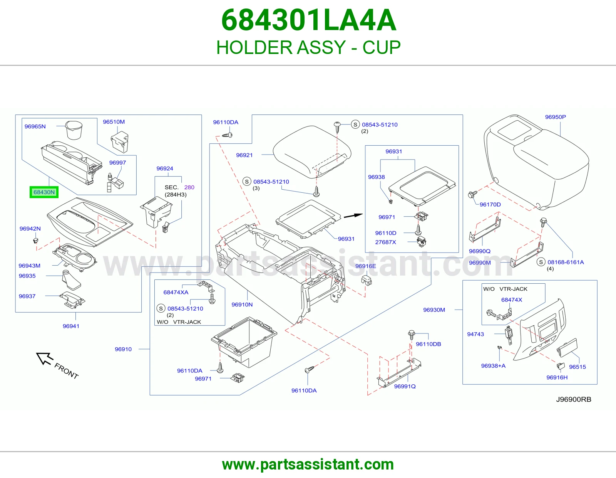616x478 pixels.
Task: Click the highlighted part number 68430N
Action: tap(44, 192)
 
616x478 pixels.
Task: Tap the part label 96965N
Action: tap(35, 126)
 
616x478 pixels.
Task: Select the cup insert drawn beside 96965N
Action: tap(74, 130)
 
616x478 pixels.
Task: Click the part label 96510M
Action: tap(114, 122)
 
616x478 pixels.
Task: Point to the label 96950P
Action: tap(555, 117)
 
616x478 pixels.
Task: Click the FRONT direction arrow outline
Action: tap(44, 358)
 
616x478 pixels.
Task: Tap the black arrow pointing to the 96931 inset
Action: tap(353, 216)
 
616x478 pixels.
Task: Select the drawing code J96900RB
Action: tap(574, 399)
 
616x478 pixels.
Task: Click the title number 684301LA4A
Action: tap(308, 20)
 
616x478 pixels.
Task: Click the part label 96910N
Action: tap(242, 305)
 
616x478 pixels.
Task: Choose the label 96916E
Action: tap(366, 266)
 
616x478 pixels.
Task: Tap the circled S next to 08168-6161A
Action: tap(541, 262)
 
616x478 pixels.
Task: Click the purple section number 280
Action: tap(189, 187)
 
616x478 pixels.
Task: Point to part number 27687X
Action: tap(385, 242)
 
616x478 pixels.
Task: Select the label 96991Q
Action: tap(405, 386)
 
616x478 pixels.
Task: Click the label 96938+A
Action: tap(493, 365)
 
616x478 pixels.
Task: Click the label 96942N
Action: tap(30, 229)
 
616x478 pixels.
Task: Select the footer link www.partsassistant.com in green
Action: tap(308, 465)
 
